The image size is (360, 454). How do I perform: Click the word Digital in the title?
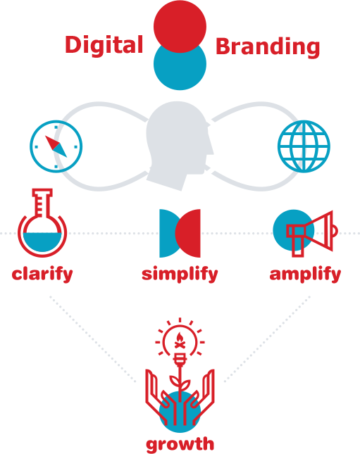click(x=104, y=46)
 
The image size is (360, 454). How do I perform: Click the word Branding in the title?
click(x=268, y=47)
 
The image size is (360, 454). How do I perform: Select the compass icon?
click(x=56, y=146)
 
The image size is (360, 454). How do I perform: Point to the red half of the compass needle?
click(x=52, y=142)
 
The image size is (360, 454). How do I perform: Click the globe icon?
click(x=304, y=146)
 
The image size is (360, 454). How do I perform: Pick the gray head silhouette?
click(x=180, y=146)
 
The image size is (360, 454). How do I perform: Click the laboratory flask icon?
click(x=42, y=222)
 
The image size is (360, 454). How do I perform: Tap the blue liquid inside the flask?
click(x=42, y=241)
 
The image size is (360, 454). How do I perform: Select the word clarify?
click(x=42, y=275)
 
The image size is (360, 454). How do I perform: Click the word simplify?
click(x=180, y=275)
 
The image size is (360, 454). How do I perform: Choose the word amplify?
click(x=305, y=275)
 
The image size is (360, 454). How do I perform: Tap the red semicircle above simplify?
click(x=188, y=234)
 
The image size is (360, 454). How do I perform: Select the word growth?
click(x=180, y=444)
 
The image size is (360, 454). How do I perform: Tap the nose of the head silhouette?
click(x=211, y=150)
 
